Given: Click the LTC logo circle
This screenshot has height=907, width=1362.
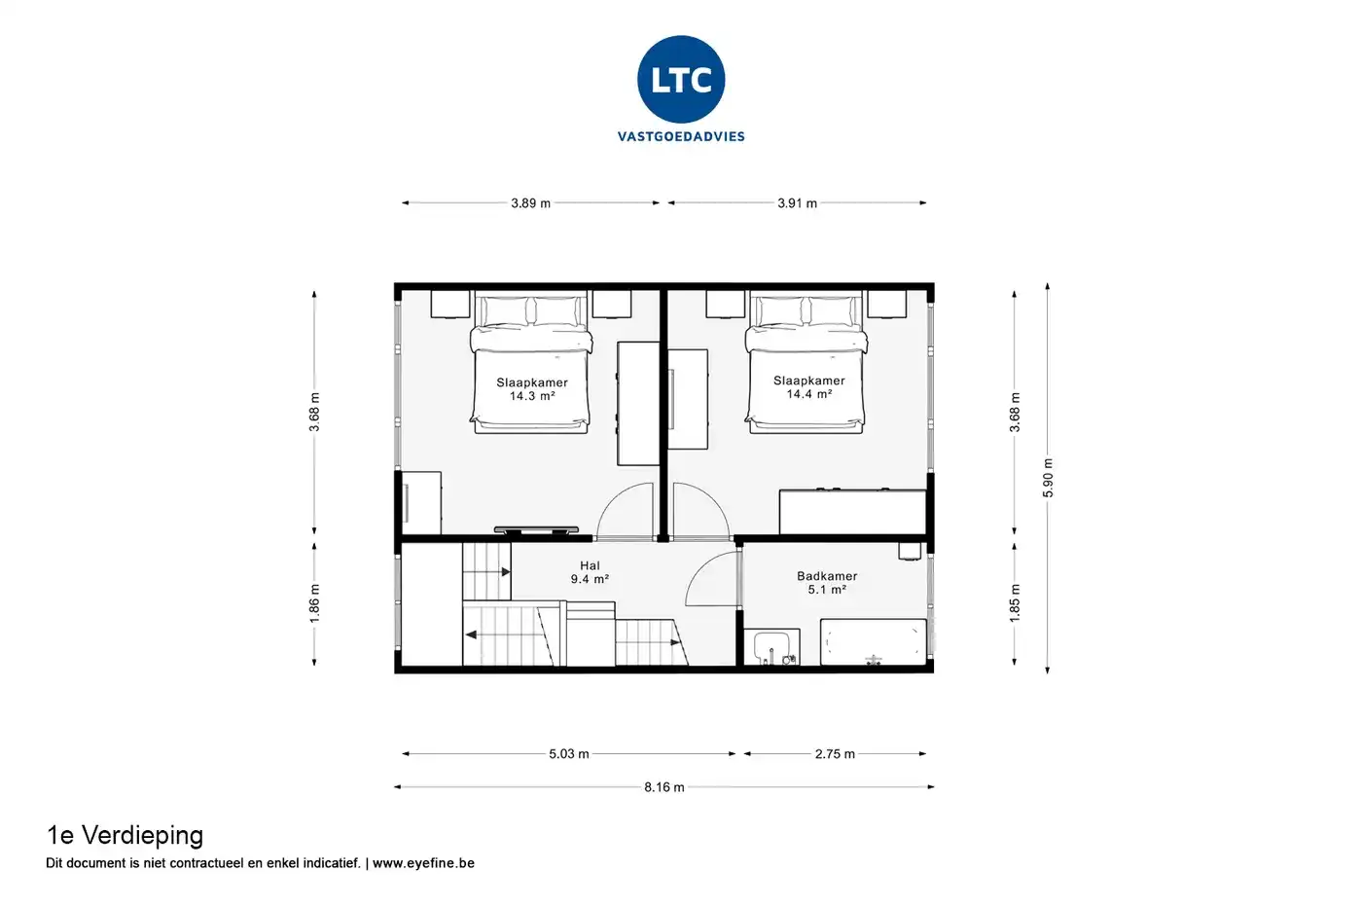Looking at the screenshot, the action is (x=681, y=79).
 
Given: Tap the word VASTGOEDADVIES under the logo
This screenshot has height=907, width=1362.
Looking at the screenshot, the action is (x=681, y=136).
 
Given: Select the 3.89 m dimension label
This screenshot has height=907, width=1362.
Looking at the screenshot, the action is (x=530, y=203).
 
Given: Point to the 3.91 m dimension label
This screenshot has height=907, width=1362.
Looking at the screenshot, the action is (x=797, y=203).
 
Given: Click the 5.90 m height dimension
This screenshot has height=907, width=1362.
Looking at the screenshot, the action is (x=1048, y=478).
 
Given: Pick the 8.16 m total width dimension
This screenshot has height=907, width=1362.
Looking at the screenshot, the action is (x=663, y=787).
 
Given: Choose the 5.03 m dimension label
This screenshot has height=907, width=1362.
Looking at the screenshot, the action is (x=568, y=753).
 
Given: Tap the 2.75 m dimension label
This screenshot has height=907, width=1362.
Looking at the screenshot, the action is (x=835, y=753).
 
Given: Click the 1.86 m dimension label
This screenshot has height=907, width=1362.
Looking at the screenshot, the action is (x=314, y=603).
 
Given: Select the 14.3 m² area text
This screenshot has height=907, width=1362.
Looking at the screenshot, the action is (x=532, y=396).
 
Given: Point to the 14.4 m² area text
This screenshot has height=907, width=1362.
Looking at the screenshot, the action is (x=808, y=394).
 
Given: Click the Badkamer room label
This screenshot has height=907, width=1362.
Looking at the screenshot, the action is (x=827, y=575).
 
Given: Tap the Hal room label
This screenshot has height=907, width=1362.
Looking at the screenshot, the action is (x=590, y=565).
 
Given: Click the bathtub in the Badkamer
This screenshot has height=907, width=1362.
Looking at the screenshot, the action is (x=874, y=642).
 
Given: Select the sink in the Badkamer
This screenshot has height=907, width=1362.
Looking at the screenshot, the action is (x=771, y=647).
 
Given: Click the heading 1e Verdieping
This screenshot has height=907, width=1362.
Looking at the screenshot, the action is (x=125, y=835).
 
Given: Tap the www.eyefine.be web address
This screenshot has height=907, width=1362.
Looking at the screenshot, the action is (x=423, y=862).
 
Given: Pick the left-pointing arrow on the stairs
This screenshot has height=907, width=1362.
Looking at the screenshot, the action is (x=471, y=635).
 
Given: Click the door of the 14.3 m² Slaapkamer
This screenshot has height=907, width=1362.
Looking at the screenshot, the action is (x=625, y=510).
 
